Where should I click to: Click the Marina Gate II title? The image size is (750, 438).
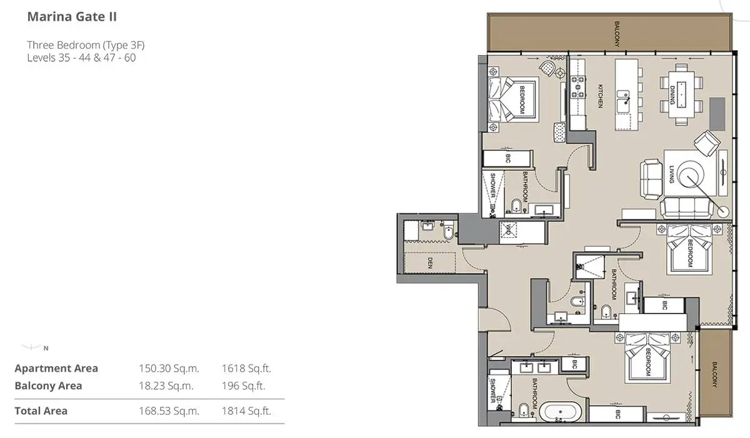[x=72, y=17]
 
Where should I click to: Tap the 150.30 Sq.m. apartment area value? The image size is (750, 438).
[x=169, y=369]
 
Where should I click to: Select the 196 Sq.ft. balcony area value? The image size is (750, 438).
[x=243, y=386]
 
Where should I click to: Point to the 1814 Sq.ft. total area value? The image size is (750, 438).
[x=246, y=411]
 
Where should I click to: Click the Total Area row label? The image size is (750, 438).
[x=41, y=411]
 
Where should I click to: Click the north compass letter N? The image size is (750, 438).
[x=46, y=349]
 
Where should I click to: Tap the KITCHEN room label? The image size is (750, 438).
[x=601, y=96]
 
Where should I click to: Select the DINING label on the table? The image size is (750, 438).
[x=672, y=95]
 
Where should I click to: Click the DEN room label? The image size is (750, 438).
[x=430, y=263]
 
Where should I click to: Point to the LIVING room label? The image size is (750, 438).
[x=672, y=175]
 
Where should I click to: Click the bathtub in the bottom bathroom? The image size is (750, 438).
[x=561, y=412]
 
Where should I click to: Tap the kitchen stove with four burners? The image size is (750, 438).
[x=578, y=87]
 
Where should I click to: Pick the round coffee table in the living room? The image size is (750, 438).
[x=690, y=175]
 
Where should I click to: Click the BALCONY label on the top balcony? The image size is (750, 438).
[x=617, y=34]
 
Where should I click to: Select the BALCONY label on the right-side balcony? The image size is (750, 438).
[x=715, y=375]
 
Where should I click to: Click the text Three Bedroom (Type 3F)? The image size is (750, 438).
[x=86, y=45]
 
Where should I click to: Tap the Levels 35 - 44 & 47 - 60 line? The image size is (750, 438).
[x=81, y=58]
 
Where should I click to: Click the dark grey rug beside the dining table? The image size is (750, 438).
[x=717, y=115]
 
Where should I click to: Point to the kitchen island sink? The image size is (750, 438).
[x=623, y=101]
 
